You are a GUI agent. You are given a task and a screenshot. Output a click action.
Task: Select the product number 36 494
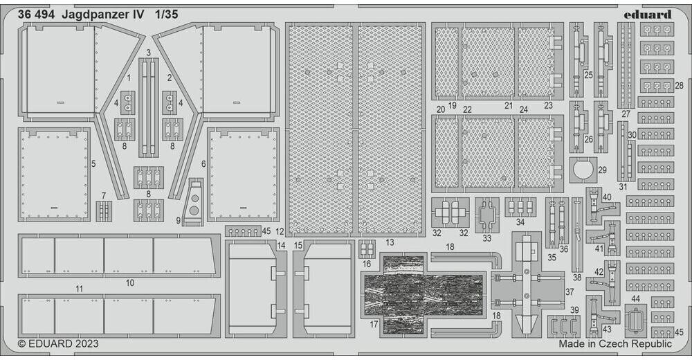(43, 13)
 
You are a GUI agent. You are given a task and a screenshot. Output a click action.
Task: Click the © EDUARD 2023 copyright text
(58, 343)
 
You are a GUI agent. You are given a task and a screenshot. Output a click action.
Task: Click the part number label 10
(130, 282)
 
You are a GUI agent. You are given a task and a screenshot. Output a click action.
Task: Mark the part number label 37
(569, 291)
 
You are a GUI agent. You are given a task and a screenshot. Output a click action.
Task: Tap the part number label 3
(149, 52)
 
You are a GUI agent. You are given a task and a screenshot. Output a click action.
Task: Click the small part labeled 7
(104, 211)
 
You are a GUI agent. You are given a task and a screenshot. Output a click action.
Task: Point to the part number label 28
(679, 85)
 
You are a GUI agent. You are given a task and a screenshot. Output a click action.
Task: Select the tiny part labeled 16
(367, 248)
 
